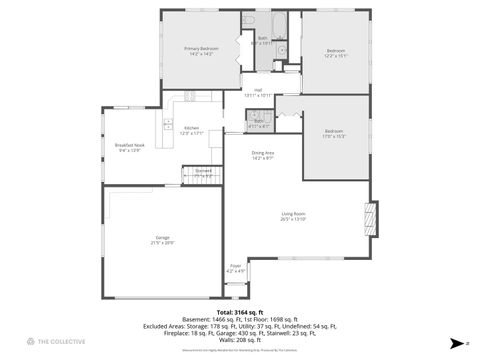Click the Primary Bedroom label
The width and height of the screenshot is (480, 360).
click(x=200, y=48)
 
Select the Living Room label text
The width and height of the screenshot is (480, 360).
click(x=292, y=214)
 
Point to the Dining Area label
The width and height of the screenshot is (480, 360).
click(x=263, y=152)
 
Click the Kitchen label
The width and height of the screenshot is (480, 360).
click(x=192, y=128)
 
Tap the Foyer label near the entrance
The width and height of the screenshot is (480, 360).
click(x=236, y=265)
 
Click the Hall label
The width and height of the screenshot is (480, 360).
click(x=257, y=90)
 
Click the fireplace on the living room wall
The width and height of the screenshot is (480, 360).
click(x=373, y=218)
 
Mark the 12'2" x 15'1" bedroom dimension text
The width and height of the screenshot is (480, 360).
click(x=335, y=56)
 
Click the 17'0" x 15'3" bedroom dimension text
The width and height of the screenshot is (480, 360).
click(x=335, y=136)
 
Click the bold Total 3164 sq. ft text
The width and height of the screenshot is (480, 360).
click(x=239, y=311)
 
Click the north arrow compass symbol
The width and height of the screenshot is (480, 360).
click(x=458, y=342)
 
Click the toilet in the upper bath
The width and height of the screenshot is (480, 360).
click(x=281, y=49)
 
